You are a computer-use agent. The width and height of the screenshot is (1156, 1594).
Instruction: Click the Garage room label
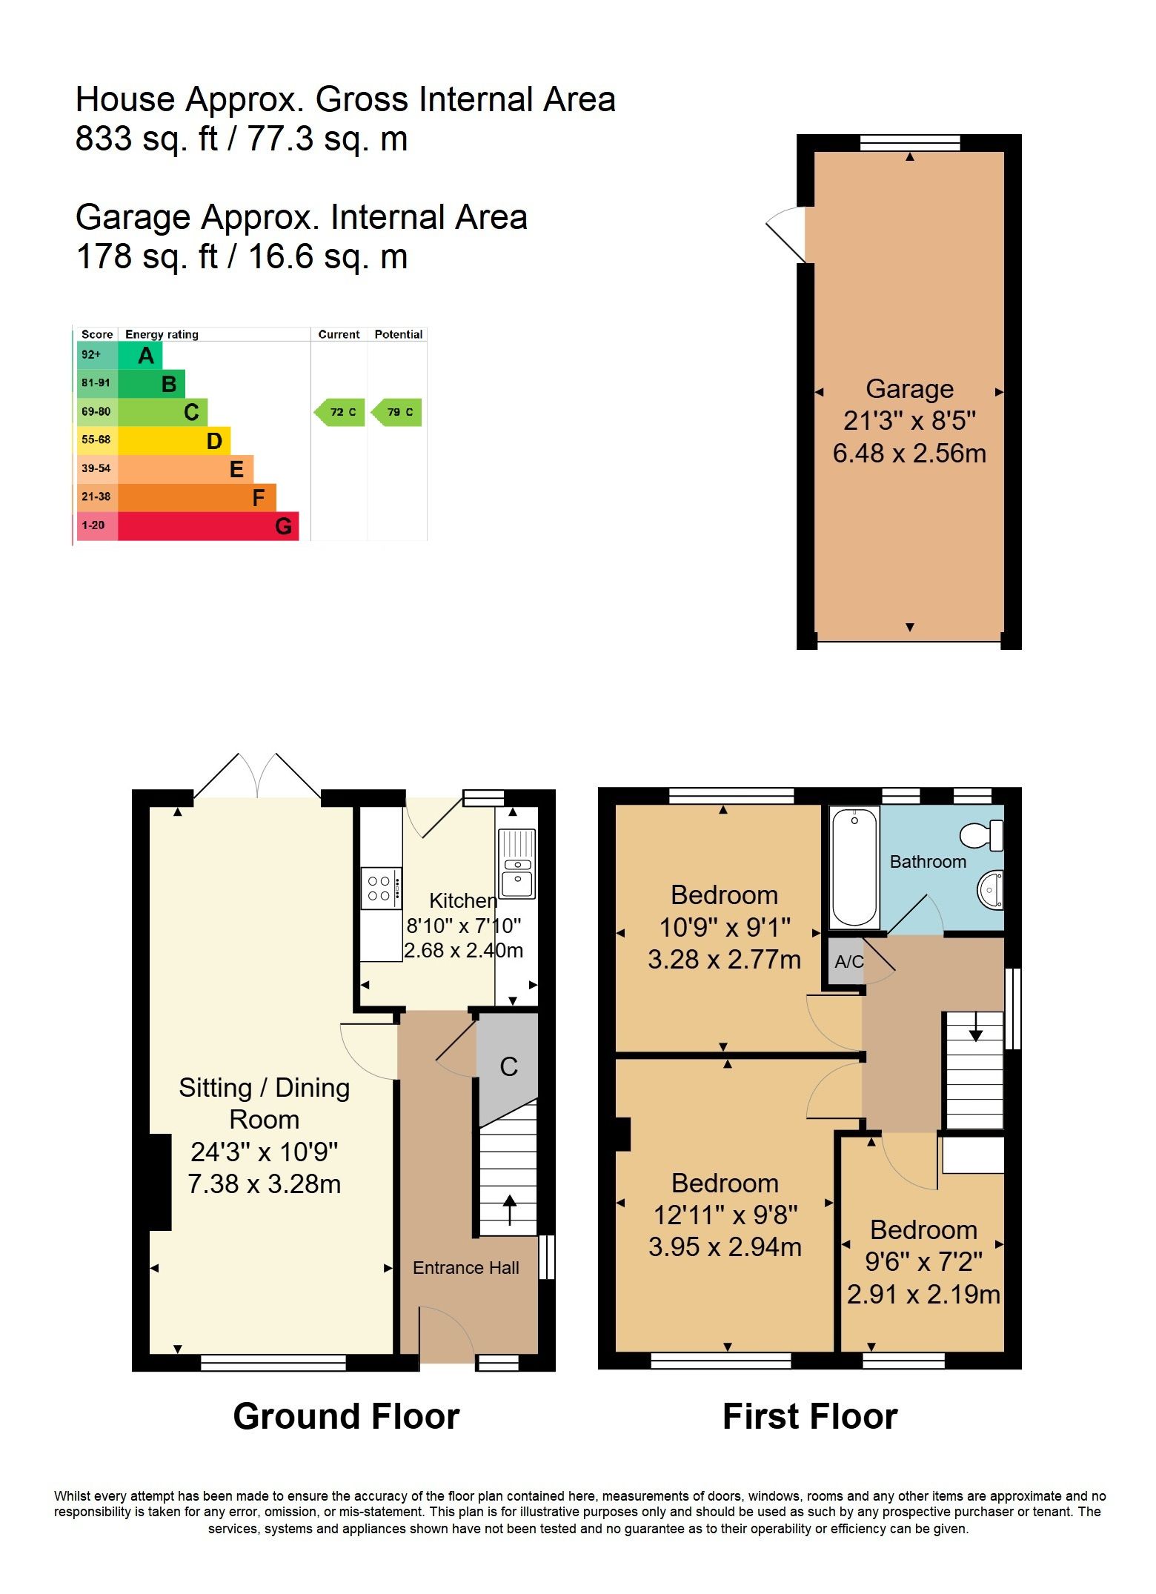pos(909,389)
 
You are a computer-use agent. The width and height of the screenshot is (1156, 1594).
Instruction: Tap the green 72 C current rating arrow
pos(340,412)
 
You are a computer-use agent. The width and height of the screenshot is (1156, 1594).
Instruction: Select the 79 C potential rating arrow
pos(397,412)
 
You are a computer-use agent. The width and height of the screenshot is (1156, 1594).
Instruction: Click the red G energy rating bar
pos(208,526)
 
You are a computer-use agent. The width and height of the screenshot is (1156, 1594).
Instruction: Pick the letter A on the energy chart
pos(146,356)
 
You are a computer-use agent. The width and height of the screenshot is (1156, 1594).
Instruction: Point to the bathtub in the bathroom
pos(854,866)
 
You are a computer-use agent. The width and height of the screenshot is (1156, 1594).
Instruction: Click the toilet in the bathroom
pos(983,836)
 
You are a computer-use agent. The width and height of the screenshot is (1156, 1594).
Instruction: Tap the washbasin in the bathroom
pos(991,889)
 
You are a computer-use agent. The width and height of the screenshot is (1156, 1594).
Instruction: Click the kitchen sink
pos(517,863)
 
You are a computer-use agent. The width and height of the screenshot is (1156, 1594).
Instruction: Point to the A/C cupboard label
pos(848,962)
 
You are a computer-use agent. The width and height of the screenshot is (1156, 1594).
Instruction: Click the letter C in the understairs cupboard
pos(508,1066)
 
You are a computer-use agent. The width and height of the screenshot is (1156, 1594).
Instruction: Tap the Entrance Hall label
pos(465,1268)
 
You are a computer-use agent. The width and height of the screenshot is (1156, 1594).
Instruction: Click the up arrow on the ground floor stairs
pos(510,1210)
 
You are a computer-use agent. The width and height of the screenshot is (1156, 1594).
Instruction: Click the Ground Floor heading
pos(346,1416)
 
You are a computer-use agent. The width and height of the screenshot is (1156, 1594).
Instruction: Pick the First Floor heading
pos(810,1416)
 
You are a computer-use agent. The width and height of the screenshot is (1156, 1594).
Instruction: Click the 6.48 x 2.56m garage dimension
pos(909,453)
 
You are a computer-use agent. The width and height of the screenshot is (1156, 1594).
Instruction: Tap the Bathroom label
pos(928,862)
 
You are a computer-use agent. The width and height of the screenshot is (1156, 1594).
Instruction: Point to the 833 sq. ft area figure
pos(147,139)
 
